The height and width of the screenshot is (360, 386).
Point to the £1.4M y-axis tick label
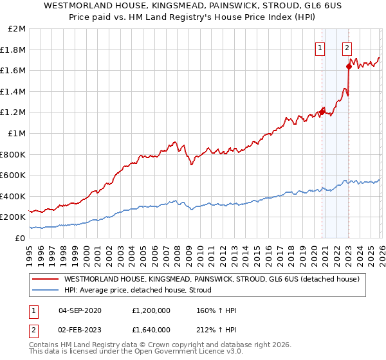tap(15, 92)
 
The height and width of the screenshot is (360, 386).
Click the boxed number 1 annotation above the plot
tap(320, 46)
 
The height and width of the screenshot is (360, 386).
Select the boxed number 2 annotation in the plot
tap(347, 46)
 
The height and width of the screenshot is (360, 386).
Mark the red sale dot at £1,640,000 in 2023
tap(349, 66)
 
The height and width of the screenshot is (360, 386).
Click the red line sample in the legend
tap(45, 280)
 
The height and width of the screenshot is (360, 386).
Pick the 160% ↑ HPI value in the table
tap(217, 309)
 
